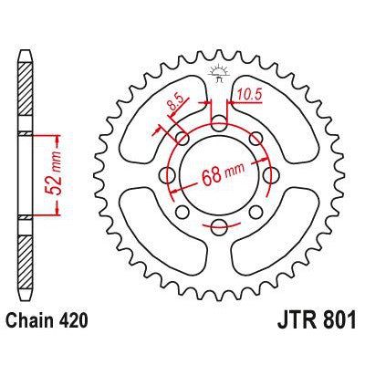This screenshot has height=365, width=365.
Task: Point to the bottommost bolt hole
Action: pyautogui.click(x=220, y=227)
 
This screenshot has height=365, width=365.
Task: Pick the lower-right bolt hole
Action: pyautogui.click(x=259, y=211)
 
